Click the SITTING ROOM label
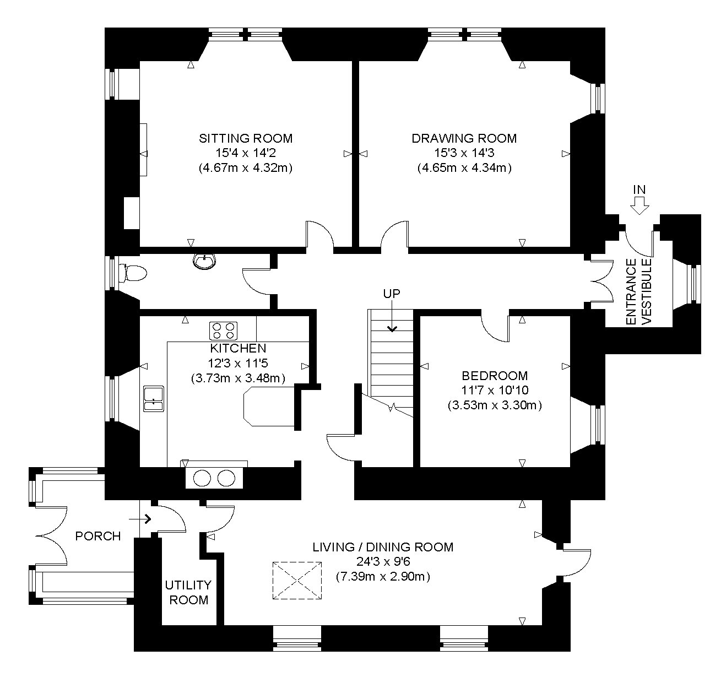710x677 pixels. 246,138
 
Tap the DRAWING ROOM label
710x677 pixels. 464,138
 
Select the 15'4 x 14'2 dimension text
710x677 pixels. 246,153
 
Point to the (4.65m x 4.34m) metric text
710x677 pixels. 464,168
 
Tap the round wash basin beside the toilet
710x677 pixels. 205,261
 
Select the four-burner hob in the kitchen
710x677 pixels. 223,331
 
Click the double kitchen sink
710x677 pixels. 154,399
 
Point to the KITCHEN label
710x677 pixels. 238,348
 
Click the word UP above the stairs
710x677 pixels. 392,294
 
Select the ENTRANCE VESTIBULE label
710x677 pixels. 638,292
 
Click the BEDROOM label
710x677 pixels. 495,376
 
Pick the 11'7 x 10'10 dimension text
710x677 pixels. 495,390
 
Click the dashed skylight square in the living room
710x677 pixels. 297,581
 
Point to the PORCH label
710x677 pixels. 98,536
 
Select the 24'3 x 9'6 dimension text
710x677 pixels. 383,562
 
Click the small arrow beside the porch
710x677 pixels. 140,519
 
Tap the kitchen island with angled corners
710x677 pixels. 269,407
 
